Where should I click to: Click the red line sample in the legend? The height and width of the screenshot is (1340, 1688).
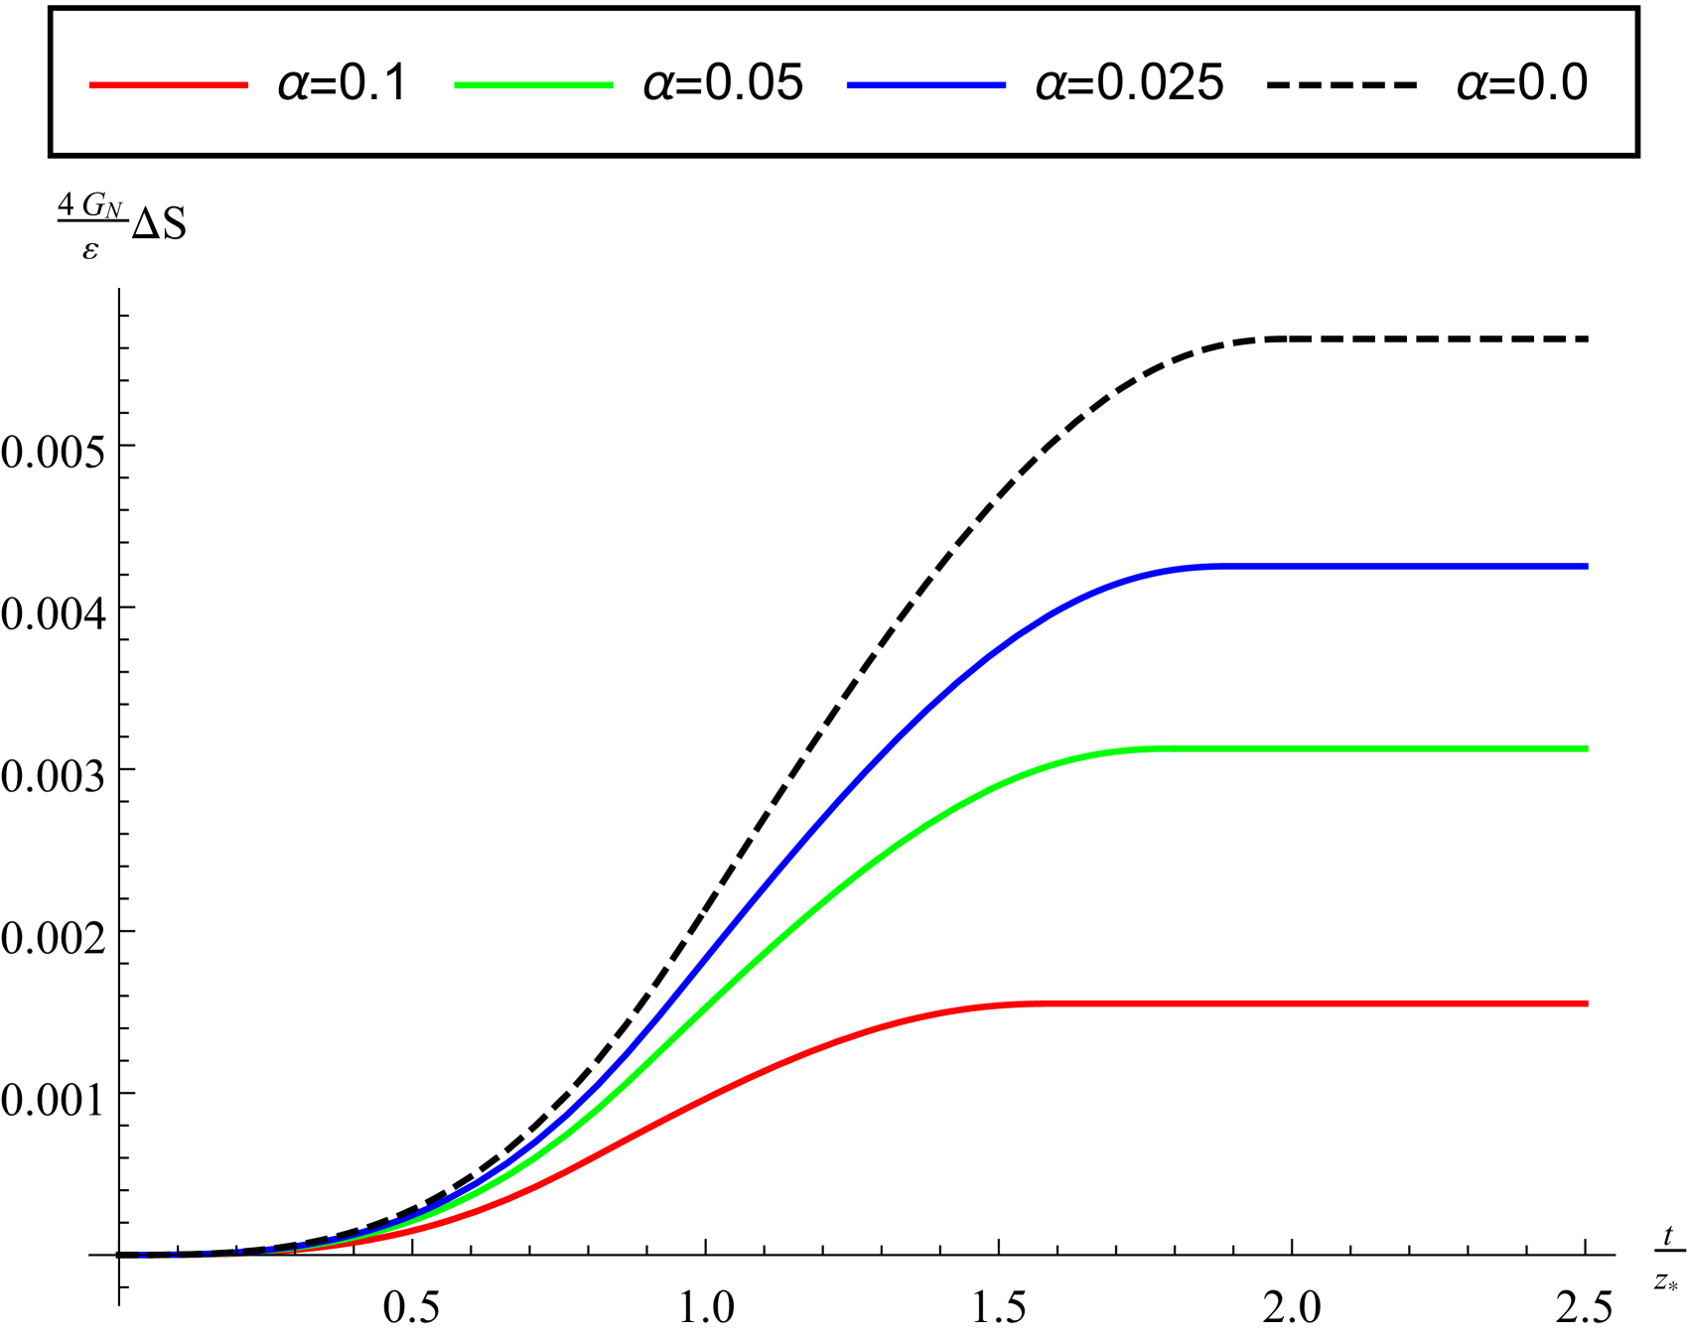coord(169,85)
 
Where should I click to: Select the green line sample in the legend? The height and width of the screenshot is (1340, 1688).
coord(533,85)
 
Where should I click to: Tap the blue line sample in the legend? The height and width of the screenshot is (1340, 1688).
coord(925,85)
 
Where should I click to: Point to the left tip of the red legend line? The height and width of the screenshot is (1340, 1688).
coord(89,85)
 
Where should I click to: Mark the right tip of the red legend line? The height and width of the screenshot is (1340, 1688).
coord(248,85)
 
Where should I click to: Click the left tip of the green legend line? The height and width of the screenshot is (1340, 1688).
coord(455,85)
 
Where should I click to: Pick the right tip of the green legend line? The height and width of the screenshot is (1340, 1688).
coord(613,85)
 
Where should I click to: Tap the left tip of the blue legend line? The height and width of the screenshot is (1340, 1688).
coord(847,85)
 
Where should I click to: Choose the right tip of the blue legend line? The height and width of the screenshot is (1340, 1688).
coord(1006,85)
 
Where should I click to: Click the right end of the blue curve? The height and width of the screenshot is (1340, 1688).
coord(1587,567)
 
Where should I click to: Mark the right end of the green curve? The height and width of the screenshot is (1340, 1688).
coord(1587,748)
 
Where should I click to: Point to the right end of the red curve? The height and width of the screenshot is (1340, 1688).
coord(1587,1004)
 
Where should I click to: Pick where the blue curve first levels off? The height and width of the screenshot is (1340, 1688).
coord(1206,568)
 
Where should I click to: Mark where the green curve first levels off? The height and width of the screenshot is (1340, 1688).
coord(1152,749)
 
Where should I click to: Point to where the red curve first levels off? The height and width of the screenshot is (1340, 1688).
coord(1028,1005)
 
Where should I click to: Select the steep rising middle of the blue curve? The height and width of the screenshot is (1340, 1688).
coord(755,893)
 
